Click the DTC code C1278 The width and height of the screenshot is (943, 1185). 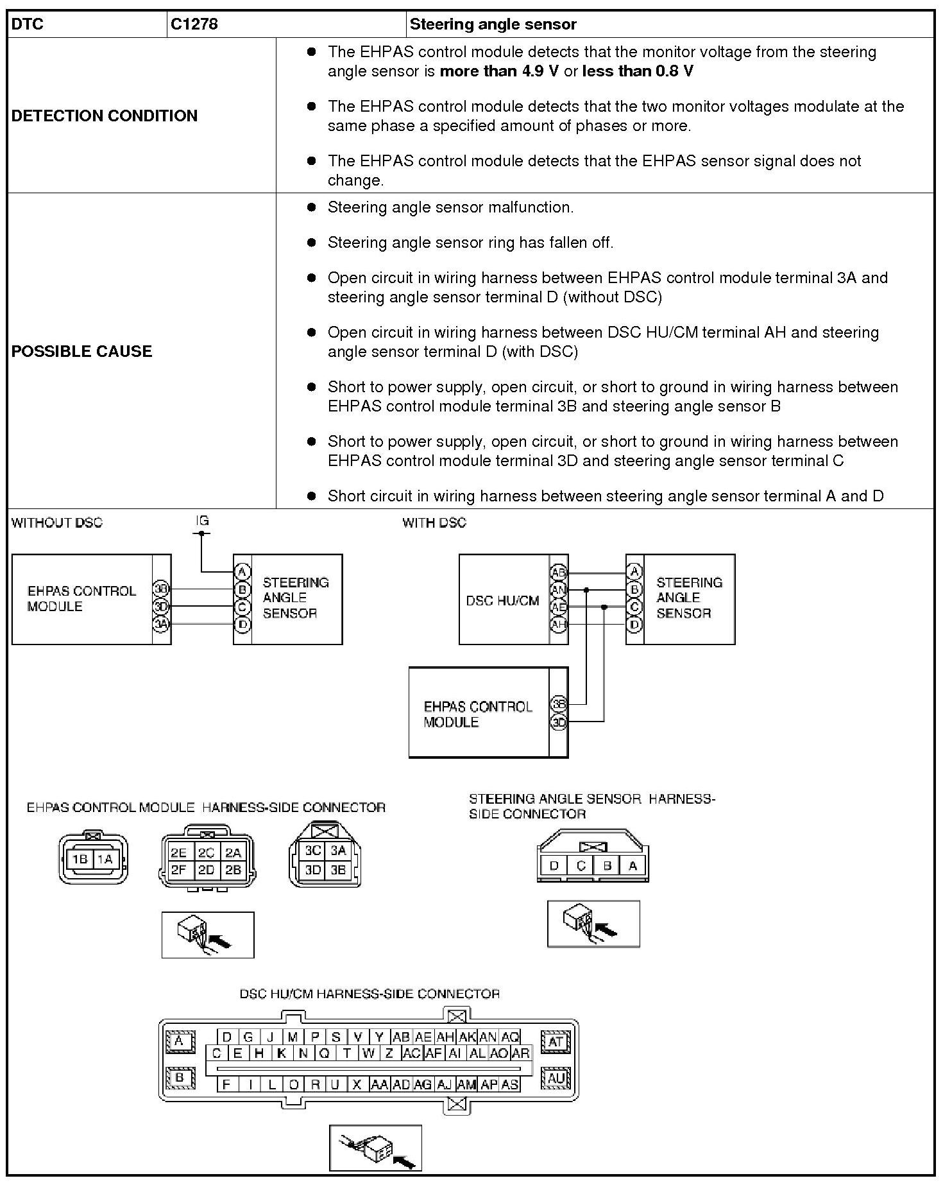(x=194, y=24)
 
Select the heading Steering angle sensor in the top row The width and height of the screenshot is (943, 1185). (x=493, y=24)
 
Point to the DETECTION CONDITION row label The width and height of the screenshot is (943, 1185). (x=105, y=116)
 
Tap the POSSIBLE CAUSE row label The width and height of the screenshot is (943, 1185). (x=82, y=351)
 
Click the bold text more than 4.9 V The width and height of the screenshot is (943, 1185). (x=499, y=71)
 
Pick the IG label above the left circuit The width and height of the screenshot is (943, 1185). (x=202, y=521)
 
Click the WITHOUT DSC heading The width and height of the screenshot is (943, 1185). (x=56, y=523)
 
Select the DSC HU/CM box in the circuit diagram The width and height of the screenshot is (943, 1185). (x=503, y=601)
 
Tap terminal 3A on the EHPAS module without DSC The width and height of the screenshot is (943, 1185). (x=161, y=623)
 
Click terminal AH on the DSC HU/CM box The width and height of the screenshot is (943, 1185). (x=559, y=624)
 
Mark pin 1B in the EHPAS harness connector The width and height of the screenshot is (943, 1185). (x=80, y=860)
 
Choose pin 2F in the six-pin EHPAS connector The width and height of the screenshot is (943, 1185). (x=178, y=870)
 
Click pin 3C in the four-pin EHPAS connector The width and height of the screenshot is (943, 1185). (x=313, y=851)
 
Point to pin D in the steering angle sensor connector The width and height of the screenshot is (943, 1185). (x=554, y=866)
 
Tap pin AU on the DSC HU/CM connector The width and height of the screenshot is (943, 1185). (x=556, y=1078)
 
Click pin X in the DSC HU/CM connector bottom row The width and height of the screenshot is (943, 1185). (x=357, y=1084)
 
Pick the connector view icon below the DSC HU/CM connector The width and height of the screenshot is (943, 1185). (x=375, y=1148)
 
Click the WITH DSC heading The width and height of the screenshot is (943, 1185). (x=434, y=523)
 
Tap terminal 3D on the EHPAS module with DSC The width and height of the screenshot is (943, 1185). (x=559, y=722)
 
